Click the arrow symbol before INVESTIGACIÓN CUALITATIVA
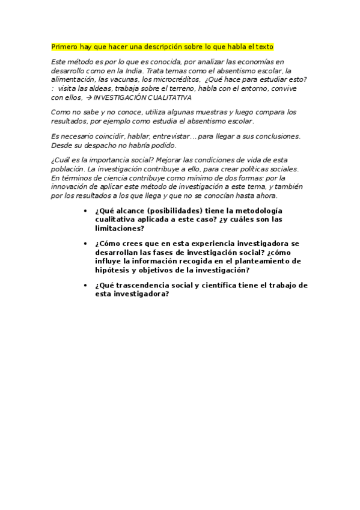pyautogui.click(x=90, y=97)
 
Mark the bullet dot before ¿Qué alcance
pyautogui.click(x=87, y=211)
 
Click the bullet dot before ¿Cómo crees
pyautogui.click(x=87, y=244)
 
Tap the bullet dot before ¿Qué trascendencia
pyautogui.click(x=87, y=285)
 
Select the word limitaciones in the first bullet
pyautogui.click(x=119, y=229)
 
